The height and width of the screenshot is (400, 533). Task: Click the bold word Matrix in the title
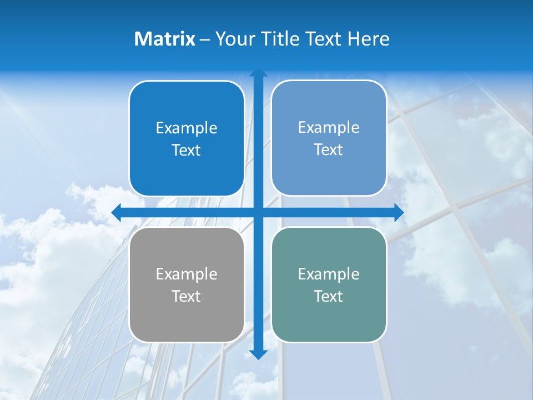pos(164,39)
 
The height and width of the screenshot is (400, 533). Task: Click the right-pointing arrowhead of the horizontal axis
pos(398,213)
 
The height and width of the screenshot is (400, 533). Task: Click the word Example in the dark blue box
pos(187,128)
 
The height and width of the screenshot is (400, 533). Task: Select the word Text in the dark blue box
pos(187,151)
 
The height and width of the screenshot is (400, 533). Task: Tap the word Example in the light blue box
pos(329,128)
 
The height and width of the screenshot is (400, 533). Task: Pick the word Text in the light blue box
pos(329,150)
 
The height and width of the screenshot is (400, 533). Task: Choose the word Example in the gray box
pos(187,274)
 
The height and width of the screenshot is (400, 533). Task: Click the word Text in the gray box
pos(187,297)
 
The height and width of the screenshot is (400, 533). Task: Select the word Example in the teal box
pos(329,274)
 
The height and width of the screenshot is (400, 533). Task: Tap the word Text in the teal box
pos(329,297)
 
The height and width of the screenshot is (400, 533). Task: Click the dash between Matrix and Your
pos(205,39)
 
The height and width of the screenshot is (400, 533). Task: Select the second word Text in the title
pos(324,39)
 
